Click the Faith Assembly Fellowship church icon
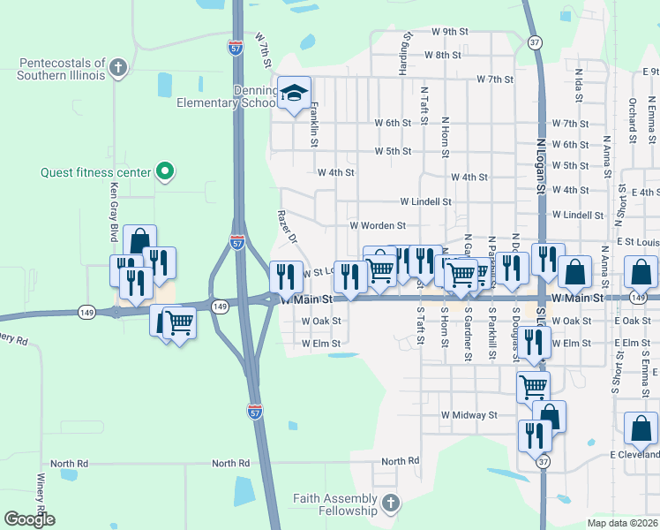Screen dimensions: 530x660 pos(391,503)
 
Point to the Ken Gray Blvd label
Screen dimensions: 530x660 pos(113,213)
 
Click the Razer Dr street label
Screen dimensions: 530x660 pos(288,227)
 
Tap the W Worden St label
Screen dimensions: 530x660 pos(377,226)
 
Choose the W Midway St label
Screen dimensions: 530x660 pos(469,414)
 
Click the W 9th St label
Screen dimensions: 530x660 pos(449,31)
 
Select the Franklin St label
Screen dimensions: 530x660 pos(313,124)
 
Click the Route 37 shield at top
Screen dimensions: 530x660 pos(535,42)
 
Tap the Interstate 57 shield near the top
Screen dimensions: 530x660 pos(235,49)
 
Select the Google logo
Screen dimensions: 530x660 pos(30,519)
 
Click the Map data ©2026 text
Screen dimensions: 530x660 pos(622,523)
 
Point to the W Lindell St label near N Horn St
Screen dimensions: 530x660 pos(425,201)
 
